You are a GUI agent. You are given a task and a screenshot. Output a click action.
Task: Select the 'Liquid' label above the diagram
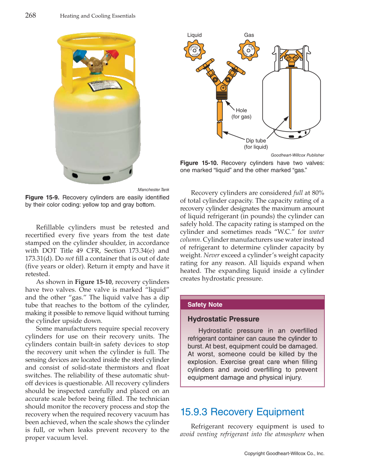(194, 35)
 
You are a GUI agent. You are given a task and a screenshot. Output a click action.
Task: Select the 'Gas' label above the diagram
(249, 35)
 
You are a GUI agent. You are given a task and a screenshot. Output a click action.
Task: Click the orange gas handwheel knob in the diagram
(248, 50)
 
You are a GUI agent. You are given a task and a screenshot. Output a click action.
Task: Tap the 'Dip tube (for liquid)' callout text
(256, 144)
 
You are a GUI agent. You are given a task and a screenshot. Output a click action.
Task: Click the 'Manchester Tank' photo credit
(153, 189)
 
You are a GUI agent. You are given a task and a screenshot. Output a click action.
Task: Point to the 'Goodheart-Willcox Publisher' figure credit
(297, 155)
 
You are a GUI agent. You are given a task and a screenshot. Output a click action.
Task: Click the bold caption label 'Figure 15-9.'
(42, 198)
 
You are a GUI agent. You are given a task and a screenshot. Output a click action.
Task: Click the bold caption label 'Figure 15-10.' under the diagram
(198, 163)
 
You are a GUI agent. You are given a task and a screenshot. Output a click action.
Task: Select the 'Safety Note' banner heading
(205, 305)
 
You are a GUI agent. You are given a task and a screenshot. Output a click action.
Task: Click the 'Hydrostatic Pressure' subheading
(223, 319)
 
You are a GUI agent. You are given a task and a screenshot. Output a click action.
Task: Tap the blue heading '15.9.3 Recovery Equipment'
(242, 412)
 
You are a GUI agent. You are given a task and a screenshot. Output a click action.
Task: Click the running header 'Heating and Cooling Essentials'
(98, 16)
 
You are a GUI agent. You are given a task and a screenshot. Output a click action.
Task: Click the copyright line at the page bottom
(284, 453)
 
